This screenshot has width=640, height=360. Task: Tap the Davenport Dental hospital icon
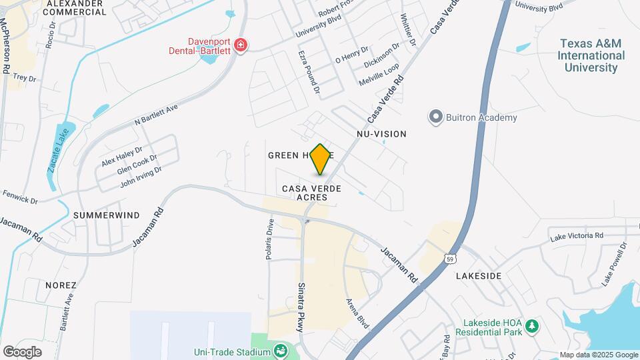[240, 46]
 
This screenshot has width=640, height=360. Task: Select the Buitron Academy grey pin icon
[436, 118]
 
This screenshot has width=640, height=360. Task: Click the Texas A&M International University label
[591, 55]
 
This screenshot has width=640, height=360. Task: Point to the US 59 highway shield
[451, 258]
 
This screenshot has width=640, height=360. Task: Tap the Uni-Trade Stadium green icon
[281, 351]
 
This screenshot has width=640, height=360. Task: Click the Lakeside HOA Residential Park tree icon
[531, 326]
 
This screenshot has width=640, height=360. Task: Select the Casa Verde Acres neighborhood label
[311, 193]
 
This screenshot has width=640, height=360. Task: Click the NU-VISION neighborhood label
[381, 134]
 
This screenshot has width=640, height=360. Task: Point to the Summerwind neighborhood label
[107, 215]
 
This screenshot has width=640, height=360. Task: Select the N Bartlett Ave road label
[156, 114]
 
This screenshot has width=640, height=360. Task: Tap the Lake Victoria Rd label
[576, 236]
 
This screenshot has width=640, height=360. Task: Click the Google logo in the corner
[22, 351]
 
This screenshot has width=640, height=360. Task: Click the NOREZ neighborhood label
[61, 285]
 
